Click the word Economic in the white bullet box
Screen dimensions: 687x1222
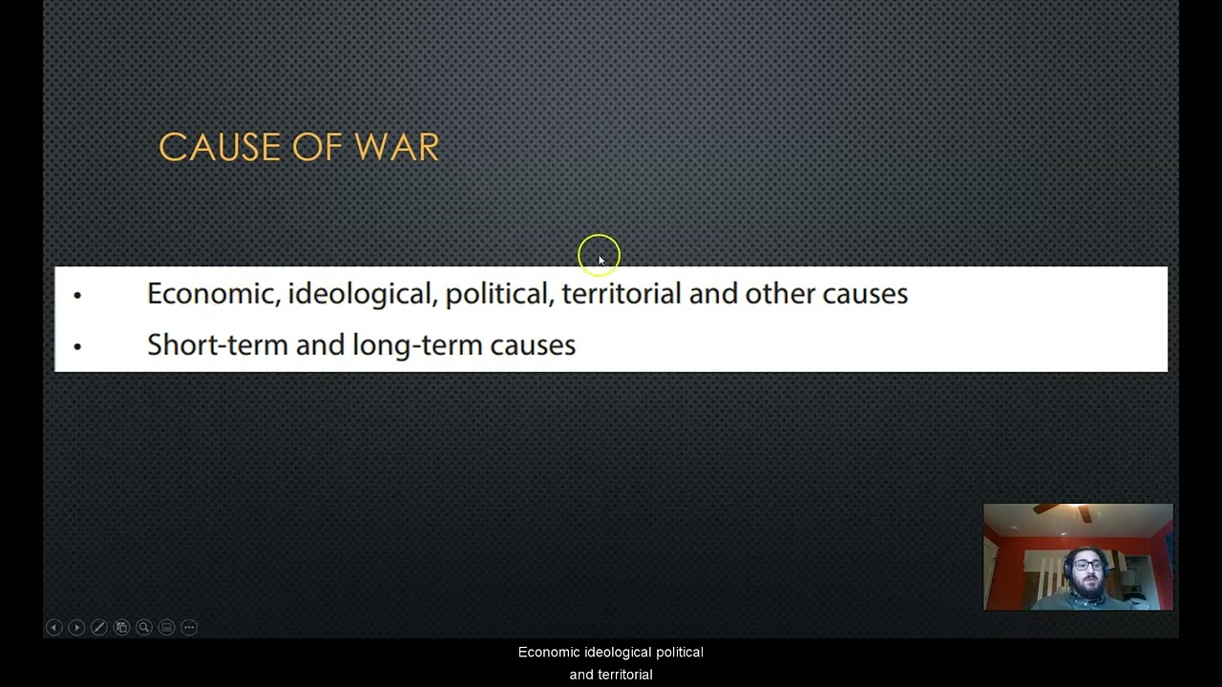[211, 294]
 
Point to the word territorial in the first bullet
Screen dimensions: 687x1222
[621, 294]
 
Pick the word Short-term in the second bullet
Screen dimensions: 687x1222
[217, 344]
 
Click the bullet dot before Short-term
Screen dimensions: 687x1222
[77, 346]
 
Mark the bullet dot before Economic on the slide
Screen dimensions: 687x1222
[77, 296]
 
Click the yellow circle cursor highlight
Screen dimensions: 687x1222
[599, 255]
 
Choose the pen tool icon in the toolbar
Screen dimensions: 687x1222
[98, 627]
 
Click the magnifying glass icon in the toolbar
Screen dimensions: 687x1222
[144, 627]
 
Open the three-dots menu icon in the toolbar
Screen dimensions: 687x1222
[189, 627]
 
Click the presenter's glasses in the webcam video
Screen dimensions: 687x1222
[1086, 565]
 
